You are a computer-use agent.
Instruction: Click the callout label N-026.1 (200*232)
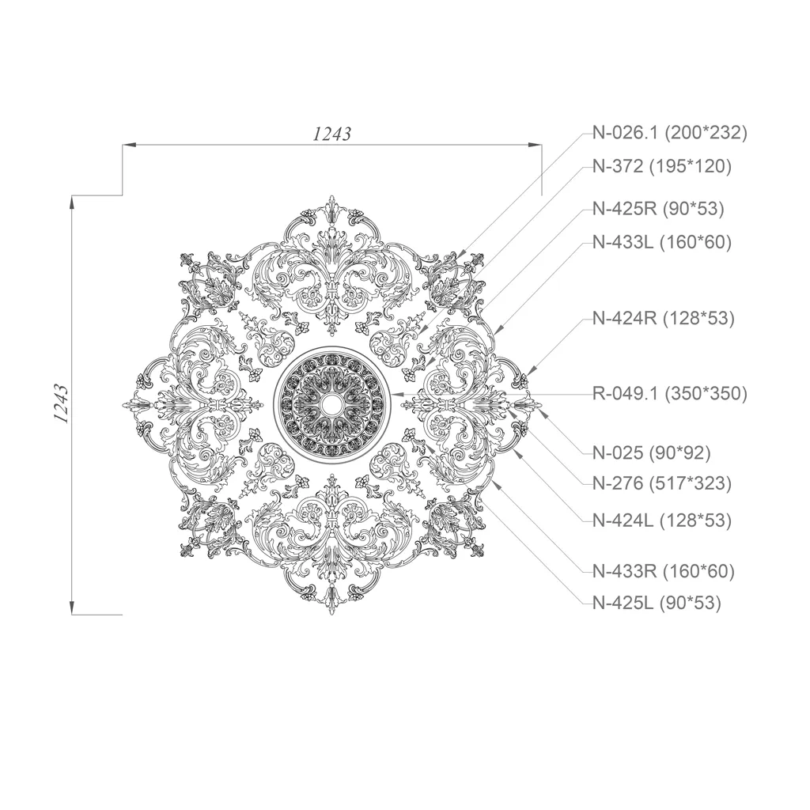(669, 133)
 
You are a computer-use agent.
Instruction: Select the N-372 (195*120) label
(662, 166)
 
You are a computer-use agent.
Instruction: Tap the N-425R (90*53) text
(658, 209)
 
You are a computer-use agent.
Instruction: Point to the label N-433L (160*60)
(662, 242)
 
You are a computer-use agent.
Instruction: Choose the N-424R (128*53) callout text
(664, 318)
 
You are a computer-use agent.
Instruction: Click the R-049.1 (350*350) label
(669, 394)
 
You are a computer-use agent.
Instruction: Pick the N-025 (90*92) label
(652, 453)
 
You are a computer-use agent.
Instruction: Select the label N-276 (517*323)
(662, 483)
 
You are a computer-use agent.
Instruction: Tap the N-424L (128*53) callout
(662, 520)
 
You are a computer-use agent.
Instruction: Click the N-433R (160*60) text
(664, 571)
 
